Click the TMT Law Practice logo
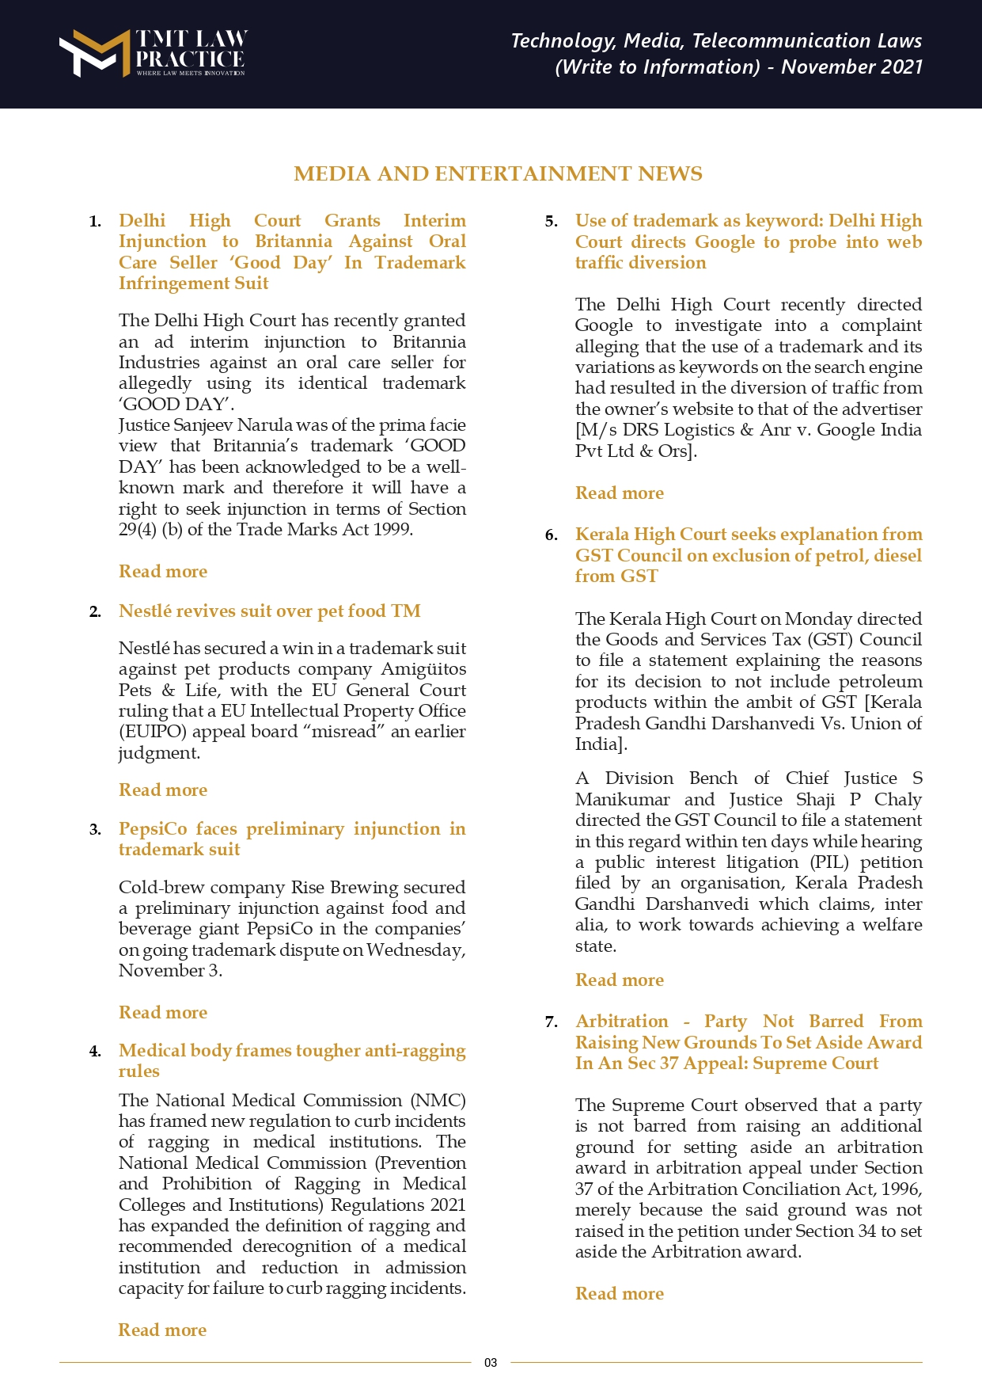[x=153, y=53]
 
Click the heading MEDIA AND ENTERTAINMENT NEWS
[x=498, y=174]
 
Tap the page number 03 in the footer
[x=491, y=1363]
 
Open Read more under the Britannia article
[x=163, y=572]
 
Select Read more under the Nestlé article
[x=163, y=790]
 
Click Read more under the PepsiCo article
[x=163, y=1013]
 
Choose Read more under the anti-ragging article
[x=162, y=1330]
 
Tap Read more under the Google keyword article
[x=620, y=493]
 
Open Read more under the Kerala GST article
[x=620, y=980]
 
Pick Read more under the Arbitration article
[x=620, y=1294]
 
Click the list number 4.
[x=95, y=1052]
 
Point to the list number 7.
[x=552, y=1022]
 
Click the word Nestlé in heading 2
[x=145, y=611]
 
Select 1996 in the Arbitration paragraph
[x=900, y=1189]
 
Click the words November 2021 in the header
[x=851, y=67]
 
